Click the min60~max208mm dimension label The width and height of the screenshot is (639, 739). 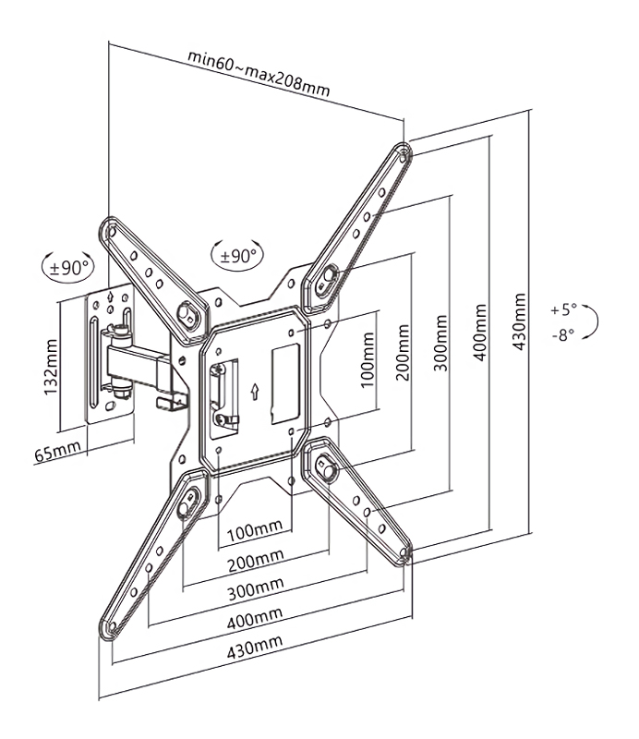(x=259, y=74)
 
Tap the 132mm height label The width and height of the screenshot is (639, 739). (x=51, y=367)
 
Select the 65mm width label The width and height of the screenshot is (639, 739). (x=57, y=451)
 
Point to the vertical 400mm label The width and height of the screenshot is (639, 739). (x=480, y=333)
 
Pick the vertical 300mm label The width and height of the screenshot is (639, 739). (x=440, y=342)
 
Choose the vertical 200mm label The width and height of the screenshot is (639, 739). (x=402, y=352)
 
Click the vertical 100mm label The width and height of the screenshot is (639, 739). (x=368, y=360)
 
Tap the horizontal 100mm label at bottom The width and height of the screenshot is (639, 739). (x=255, y=530)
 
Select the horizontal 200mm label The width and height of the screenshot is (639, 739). (x=256, y=560)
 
